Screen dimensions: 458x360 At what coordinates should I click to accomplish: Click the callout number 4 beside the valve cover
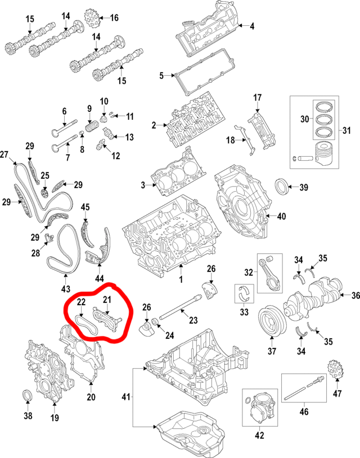(252, 26)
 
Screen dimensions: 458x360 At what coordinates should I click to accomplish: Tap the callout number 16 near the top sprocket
(114, 18)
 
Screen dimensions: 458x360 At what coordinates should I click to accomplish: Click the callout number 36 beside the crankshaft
(355, 295)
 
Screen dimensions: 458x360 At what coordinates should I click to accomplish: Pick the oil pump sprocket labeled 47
(334, 371)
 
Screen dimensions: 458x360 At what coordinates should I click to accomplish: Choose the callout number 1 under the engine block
(181, 279)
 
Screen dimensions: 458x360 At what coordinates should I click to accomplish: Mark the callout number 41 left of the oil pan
(125, 397)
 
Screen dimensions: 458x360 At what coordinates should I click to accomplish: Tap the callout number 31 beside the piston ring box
(346, 130)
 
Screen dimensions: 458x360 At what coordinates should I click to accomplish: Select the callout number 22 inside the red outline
(81, 302)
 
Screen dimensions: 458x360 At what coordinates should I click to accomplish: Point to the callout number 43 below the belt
(65, 289)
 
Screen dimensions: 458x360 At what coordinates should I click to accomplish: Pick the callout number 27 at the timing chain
(4, 155)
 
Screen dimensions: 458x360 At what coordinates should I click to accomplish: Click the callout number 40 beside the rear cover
(282, 216)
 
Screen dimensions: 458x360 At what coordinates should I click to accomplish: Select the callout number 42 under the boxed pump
(259, 434)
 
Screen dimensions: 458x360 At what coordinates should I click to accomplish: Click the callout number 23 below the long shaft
(193, 321)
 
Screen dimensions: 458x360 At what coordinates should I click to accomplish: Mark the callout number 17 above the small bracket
(258, 98)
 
